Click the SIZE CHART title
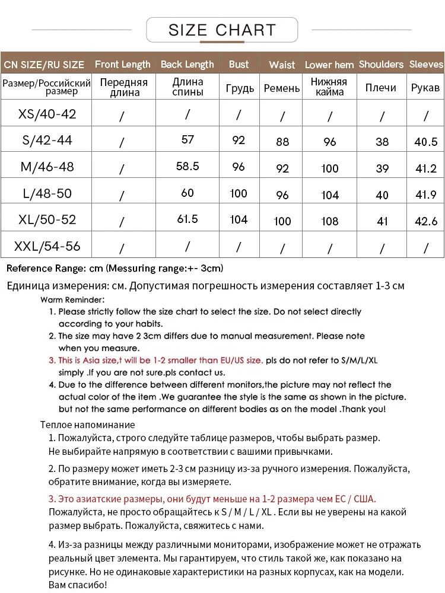[222, 30]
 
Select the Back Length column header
[187, 64]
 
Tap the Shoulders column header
[381, 64]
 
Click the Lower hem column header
[329, 65]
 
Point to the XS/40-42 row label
[47, 114]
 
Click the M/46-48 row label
[47, 167]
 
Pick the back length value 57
[187, 140]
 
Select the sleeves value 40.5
[426, 142]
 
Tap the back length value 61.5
[187, 219]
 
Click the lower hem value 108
[330, 221]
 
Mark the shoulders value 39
[382, 168]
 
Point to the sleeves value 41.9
[426, 195]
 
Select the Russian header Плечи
[381, 88]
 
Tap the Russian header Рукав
[425, 88]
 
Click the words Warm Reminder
[72, 299]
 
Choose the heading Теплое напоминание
[87, 425]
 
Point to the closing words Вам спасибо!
[77, 585]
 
